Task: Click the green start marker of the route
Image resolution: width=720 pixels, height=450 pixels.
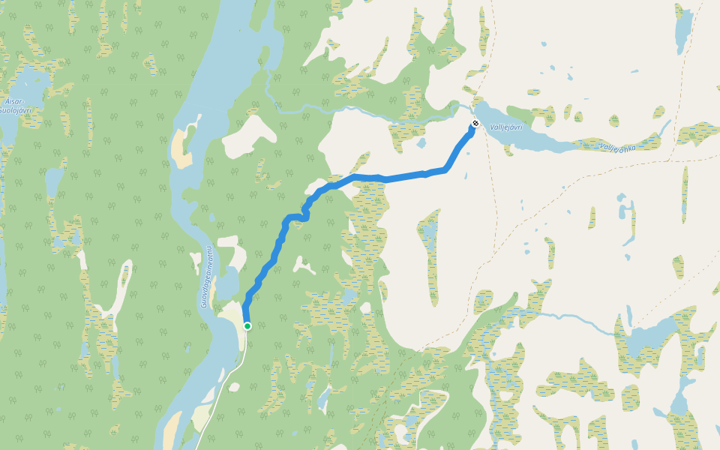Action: click(247, 325)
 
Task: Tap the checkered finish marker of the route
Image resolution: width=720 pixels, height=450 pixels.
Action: click(475, 123)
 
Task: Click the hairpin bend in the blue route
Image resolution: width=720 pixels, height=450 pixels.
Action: click(304, 217)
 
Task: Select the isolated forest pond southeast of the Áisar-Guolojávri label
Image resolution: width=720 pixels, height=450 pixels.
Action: click(54, 180)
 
